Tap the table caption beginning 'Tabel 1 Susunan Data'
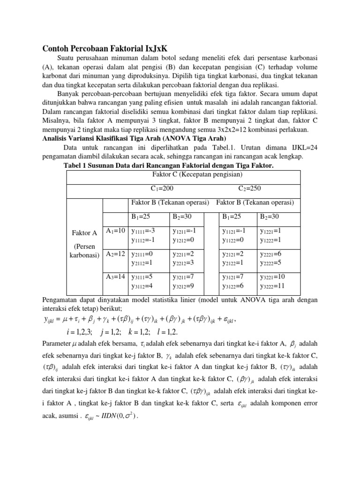[168, 165]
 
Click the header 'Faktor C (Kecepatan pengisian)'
[197, 174]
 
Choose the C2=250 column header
[249, 188]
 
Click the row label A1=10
[115, 231]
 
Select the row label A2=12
[115, 254]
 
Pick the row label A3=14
[115, 277]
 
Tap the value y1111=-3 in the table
[143, 231]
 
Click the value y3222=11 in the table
[273, 286]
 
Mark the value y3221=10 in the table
[273, 277]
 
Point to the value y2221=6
[271, 254]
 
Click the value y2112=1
[142, 263]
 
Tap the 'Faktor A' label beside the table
[84, 233]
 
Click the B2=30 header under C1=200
[182, 217]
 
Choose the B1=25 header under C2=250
[232, 217]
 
